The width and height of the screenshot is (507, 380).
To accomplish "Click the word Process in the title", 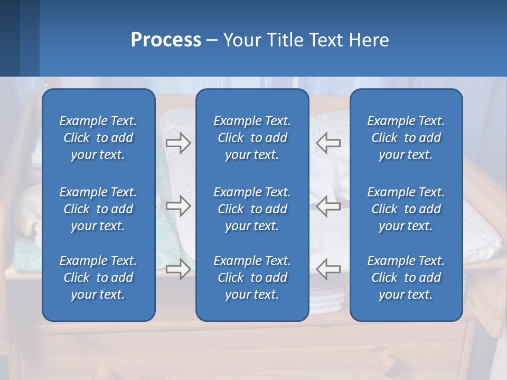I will pyautogui.click(x=166, y=40).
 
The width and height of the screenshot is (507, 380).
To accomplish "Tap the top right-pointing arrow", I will pyautogui.click(x=178, y=143).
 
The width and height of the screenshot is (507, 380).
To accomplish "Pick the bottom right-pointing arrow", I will pyautogui.click(x=178, y=269).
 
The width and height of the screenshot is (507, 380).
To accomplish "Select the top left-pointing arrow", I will pyautogui.click(x=328, y=143).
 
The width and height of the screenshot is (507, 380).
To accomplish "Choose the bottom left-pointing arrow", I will pyautogui.click(x=328, y=269).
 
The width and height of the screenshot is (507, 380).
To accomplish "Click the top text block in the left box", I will pyautogui.click(x=98, y=138).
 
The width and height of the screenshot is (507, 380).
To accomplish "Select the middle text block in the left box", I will pyautogui.click(x=98, y=209).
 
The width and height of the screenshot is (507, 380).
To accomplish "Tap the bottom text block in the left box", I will pyautogui.click(x=98, y=278).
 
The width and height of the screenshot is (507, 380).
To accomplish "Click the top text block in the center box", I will pyautogui.click(x=252, y=138).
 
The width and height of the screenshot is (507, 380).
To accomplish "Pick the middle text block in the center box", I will pyautogui.click(x=252, y=209).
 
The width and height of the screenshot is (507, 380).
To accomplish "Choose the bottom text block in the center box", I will pyautogui.click(x=252, y=278).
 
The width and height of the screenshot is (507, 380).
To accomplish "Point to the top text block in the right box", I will pyautogui.click(x=406, y=138).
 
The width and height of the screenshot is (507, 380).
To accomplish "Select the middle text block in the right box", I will pyautogui.click(x=406, y=209).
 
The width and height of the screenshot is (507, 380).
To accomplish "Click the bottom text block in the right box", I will pyautogui.click(x=406, y=278).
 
